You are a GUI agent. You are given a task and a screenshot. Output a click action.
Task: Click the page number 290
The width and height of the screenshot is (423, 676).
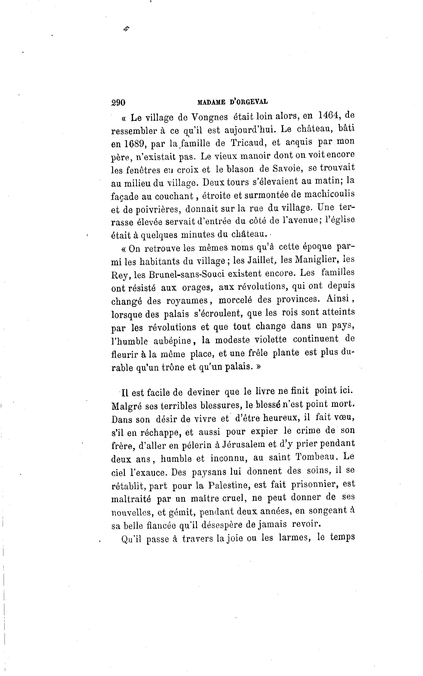pos(118,103)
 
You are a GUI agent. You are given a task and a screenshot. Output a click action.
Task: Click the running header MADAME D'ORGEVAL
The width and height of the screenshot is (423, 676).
pos(232,102)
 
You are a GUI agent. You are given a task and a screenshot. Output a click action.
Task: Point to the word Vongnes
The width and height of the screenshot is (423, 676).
pos(207,117)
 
